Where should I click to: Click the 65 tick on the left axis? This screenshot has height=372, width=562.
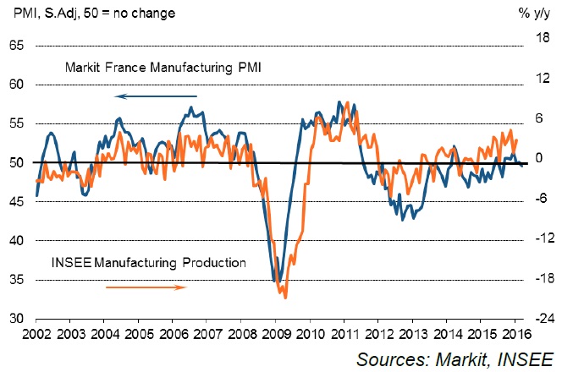click(15, 46)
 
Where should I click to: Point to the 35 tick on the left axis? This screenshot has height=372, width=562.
click(15, 280)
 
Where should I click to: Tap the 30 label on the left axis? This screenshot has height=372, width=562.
click(15, 319)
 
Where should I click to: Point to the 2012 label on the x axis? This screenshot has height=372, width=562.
click(378, 332)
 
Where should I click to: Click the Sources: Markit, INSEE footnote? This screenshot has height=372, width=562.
click(454, 358)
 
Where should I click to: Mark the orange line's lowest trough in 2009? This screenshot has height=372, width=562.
click(285, 298)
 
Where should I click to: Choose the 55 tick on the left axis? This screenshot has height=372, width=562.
click(15, 123)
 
